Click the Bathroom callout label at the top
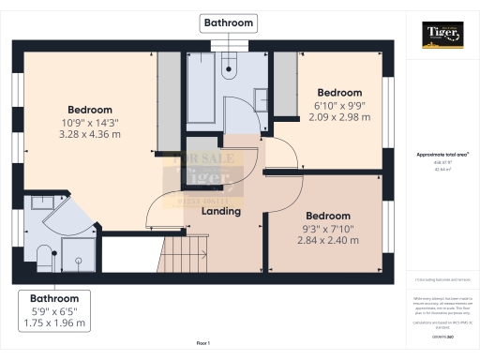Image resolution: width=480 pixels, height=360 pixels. point(227,21)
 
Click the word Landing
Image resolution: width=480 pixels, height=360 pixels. point(221,211)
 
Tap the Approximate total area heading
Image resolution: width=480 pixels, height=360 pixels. point(442,154)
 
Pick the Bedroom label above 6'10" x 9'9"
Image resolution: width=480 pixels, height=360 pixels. point(338,93)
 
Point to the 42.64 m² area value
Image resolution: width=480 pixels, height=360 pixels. point(442,169)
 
